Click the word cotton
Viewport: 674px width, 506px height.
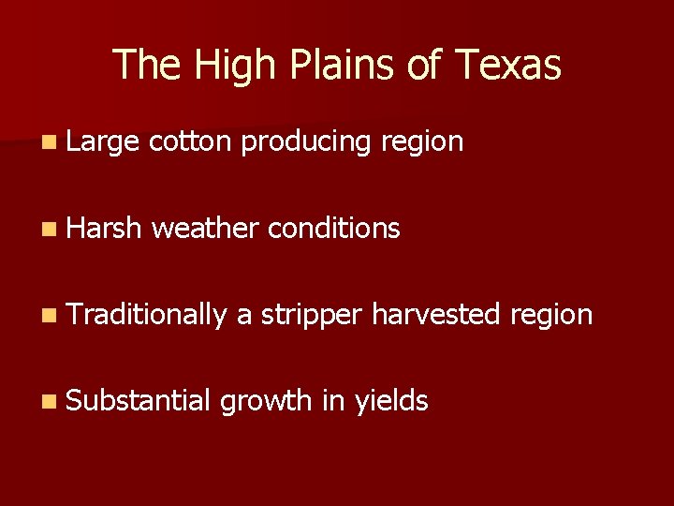click(x=190, y=141)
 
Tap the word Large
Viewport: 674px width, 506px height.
click(x=101, y=142)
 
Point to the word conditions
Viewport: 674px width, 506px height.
click(x=334, y=228)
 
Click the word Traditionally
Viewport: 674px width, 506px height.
click(x=146, y=315)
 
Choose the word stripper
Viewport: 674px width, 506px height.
click(x=311, y=316)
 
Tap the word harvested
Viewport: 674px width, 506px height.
click(x=436, y=314)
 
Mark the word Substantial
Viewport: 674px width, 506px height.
click(x=139, y=401)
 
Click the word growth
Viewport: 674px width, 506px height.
click(x=266, y=402)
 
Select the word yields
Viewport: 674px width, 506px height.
click(x=391, y=402)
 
